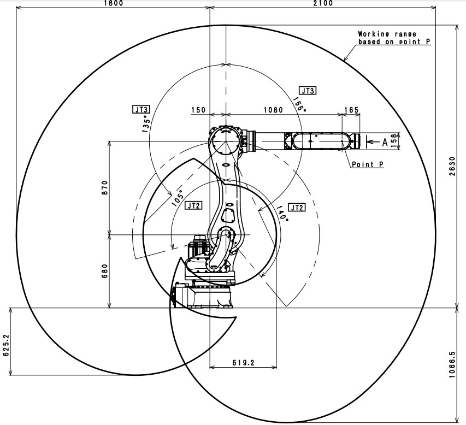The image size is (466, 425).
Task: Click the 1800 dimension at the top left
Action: click(114, 3)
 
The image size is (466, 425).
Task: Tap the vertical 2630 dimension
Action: click(452, 166)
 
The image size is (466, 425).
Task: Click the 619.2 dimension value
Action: click(244, 362)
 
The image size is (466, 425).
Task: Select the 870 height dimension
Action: click(105, 187)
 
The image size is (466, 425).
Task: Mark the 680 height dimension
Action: click(105, 271)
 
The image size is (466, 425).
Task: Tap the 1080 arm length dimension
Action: click(273, 110)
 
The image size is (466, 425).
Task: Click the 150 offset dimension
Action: click(198, 110)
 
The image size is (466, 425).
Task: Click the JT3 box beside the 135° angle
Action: click(141, 109)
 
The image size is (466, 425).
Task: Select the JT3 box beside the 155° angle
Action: click(308, 90)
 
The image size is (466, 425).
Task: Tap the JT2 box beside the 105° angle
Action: click(193, 205)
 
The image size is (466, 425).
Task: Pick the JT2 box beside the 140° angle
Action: click(297, 207)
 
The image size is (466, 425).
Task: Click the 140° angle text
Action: click(282, 212)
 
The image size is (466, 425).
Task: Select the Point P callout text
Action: click(367, 164)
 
